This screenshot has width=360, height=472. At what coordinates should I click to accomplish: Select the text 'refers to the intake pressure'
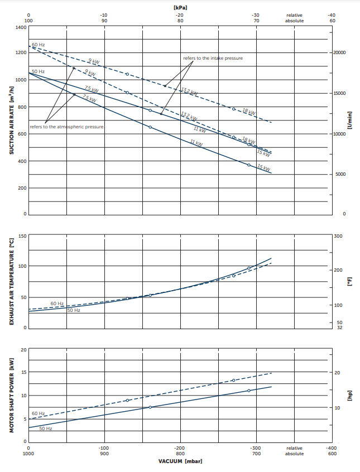coord(213,58)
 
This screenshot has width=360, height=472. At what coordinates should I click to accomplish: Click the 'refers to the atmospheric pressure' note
coord(67,127)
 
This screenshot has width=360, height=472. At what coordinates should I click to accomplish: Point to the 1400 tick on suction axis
coord(21,27)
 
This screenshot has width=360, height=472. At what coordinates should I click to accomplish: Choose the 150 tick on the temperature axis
coord(22,236)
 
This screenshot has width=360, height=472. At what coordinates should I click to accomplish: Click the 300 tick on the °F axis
coord(338,236)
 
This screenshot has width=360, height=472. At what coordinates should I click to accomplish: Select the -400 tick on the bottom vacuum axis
coord(332,447)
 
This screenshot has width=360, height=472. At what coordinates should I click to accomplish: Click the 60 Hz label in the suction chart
coord(38,44)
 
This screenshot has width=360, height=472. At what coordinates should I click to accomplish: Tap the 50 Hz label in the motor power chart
coord(45,428)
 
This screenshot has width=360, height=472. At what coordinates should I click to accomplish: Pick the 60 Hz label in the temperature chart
coord(57,304)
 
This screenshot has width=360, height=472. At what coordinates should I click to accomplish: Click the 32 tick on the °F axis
coord(339,327)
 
